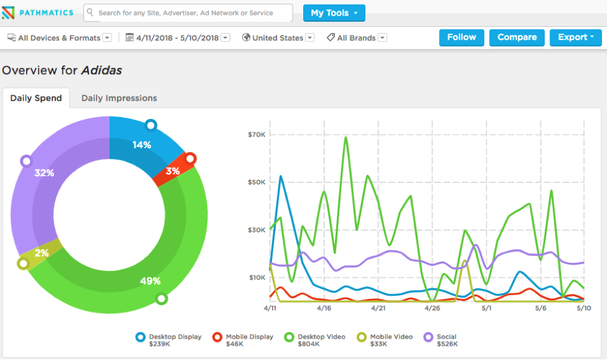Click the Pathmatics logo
click(x=39, y=12)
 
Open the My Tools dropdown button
click(x=334, y=13)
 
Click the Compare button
click(x=517, y=37)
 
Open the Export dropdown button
click(x=575, y=37)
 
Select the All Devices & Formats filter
click(x=59, y=38)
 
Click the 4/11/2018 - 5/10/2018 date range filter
click(x=177, y=38)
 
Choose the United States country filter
click(x=277, y=38)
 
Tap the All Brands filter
click(x=355, y=38)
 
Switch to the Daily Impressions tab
click(x=119, y=98)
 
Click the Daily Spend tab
click(x=35, y=98)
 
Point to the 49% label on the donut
click(x=150, y=281)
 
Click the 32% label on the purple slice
click(x=44, y=173)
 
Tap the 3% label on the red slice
click(x=173, y=171)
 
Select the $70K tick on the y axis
click(x=256, y=135)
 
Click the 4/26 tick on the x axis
click(x=432, y=308)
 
